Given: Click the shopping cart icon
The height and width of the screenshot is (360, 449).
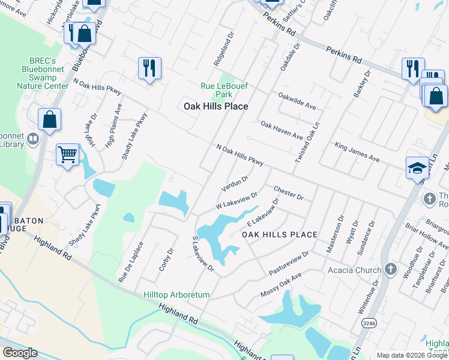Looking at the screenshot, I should click(68, 155).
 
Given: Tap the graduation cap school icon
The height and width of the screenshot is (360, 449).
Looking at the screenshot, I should click(417, 168).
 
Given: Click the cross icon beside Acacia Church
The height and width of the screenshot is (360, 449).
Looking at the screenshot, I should click(390, 269).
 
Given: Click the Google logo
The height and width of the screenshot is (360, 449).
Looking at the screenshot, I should click(20, 353).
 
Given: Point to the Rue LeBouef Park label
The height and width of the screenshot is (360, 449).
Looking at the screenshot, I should click(224, 90).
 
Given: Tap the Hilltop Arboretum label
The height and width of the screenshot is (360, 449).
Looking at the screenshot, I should click(176, 295).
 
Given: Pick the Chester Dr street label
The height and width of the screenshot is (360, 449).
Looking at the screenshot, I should click(289, 193).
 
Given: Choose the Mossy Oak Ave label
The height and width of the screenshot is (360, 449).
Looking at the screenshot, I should click(280, 285).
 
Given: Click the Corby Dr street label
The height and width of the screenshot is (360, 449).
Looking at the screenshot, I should click(166, 259).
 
